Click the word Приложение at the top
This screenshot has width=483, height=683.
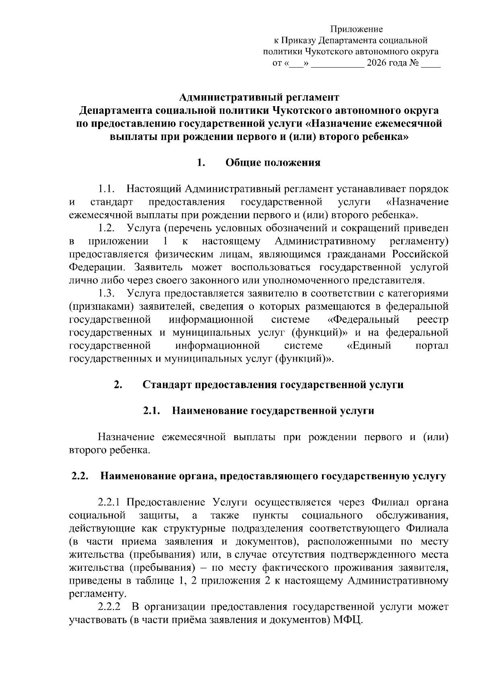click(x=357, y=29)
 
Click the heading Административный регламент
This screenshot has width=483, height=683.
click(x=259, y=98)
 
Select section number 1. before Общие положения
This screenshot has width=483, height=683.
click(x=202, y=163)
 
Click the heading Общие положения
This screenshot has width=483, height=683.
click(x=273, y=163)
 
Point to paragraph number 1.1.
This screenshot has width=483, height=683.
click(x=107, y=189)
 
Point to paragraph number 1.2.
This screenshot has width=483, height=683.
click(x=107, y=228)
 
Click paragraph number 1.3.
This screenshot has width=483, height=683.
click(x=107, y=294)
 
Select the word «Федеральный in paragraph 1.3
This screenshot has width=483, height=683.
click(x=362, y=320)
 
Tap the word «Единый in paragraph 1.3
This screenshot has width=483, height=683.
click(x=369, y=346)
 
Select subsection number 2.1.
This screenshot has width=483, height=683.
click(x=152, y=411)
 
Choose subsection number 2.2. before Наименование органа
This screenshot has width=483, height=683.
click(x=80, y=477)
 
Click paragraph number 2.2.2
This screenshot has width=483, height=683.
click(x=109, y=607)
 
